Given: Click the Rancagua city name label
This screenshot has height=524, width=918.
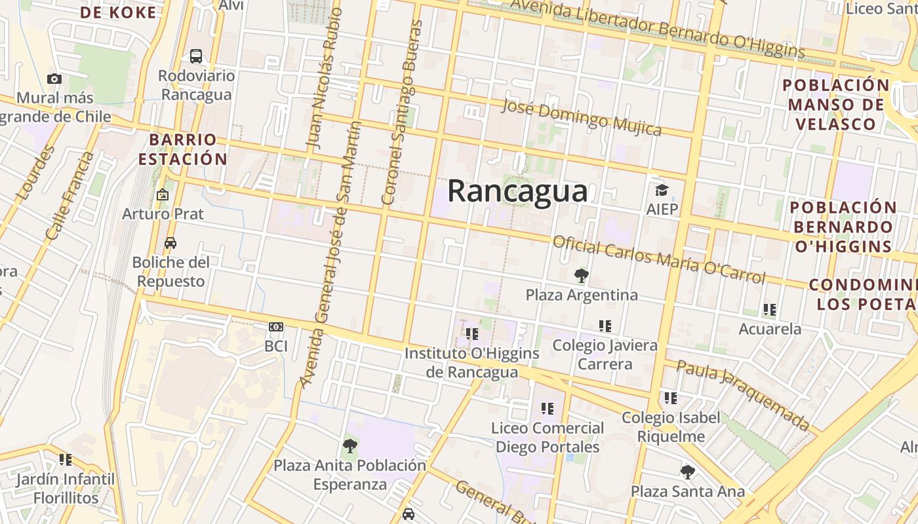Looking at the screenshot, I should click(517, 191).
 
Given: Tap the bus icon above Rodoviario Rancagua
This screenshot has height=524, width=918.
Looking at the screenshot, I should click(196, 56).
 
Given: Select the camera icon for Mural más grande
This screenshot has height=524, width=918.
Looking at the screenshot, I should click(54, 79).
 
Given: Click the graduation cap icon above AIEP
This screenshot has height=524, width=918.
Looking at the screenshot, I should click(662, 191).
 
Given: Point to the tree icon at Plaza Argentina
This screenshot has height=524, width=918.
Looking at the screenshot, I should click(581, 276).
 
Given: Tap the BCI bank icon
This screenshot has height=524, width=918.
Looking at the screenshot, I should click(276, 327).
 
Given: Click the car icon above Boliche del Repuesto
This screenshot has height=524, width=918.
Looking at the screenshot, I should click(170, 243).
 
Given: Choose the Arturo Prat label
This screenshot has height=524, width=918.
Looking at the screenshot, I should click(163, 214).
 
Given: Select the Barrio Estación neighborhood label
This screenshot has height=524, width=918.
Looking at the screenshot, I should click(188, 149).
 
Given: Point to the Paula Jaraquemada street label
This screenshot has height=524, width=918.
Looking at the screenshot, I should click(744, 394).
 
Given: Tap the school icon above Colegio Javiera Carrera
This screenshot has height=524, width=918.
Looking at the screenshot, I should click(605, 326).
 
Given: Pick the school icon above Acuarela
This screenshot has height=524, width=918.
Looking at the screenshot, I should click(770, 309).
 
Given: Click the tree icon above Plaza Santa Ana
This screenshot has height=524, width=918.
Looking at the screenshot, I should click(687, 472).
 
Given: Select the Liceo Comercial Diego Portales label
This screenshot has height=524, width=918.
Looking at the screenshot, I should click(548, 438).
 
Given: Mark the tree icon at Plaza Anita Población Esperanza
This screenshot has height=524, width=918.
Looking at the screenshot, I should click(350, 446).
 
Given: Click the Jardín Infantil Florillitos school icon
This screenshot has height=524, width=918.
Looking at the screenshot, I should click(66, 460).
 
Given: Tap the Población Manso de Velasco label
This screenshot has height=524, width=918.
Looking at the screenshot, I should click(836, 105).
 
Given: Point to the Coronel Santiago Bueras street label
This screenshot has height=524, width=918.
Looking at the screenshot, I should click(400, 111).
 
